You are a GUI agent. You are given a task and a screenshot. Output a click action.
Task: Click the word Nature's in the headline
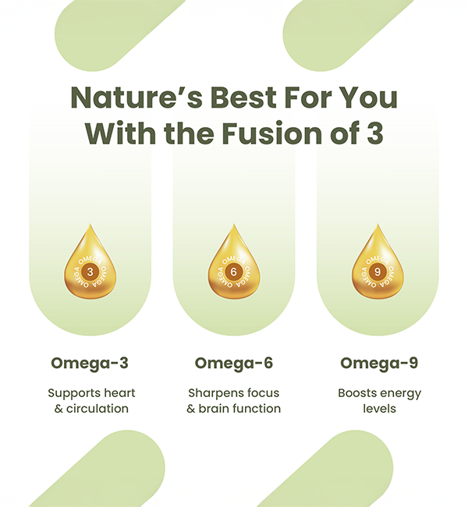point(136,97)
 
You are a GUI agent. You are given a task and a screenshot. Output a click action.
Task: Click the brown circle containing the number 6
point(233,272)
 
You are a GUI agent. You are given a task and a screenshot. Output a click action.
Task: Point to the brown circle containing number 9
point(378,272)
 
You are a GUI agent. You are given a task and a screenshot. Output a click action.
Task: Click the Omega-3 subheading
point(90,363)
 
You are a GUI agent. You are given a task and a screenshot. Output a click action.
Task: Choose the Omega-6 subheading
point(234,363)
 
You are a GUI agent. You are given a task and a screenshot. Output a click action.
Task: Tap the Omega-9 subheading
point(379,363)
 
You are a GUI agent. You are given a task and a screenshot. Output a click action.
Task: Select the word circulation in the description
point(97,409)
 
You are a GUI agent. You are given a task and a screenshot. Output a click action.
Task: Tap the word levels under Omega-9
point(379,409)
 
